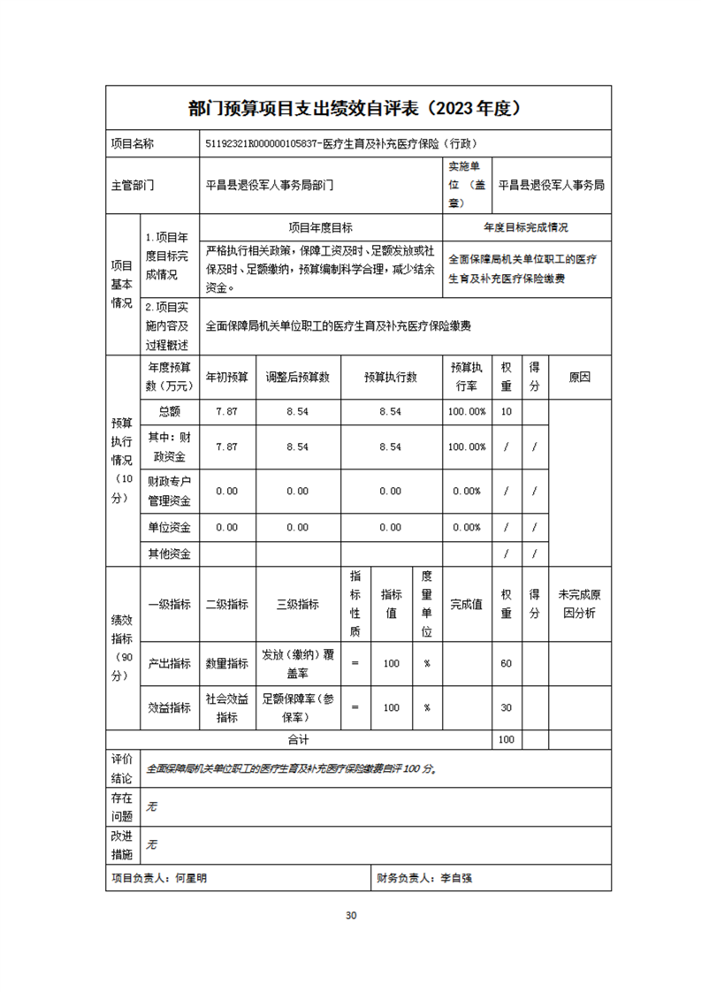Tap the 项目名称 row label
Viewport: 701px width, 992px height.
pyautogui.click(x=132, y=143)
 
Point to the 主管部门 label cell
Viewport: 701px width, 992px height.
pyautogui.click(x=132, y=186)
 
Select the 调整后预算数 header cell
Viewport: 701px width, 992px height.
pyautogui.click(x=297, y=377)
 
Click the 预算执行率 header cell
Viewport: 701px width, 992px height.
pyautogui.click(x=466, y=377)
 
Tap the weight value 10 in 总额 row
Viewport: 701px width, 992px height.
pyautogui.click(x=506, y=412)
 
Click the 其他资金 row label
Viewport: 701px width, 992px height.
pyautogui.click(x=169, y=554)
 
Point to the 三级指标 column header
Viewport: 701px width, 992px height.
pyautogui.click(x=297, y=605)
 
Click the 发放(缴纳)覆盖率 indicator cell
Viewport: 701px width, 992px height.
pyautogui.click(x=297, y=663)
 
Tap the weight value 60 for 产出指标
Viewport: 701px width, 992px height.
pyautogui.click(x=506, y=663)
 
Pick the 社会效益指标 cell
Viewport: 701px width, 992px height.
pyautogui.click(x=226, y=707)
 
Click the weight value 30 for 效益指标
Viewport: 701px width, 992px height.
pyautogui.click(x=506, y=707)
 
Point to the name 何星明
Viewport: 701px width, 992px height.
pyautogui.click(x=191, y=879)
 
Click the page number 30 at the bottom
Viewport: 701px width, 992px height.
pyautogui.click(x=351, y=915)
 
